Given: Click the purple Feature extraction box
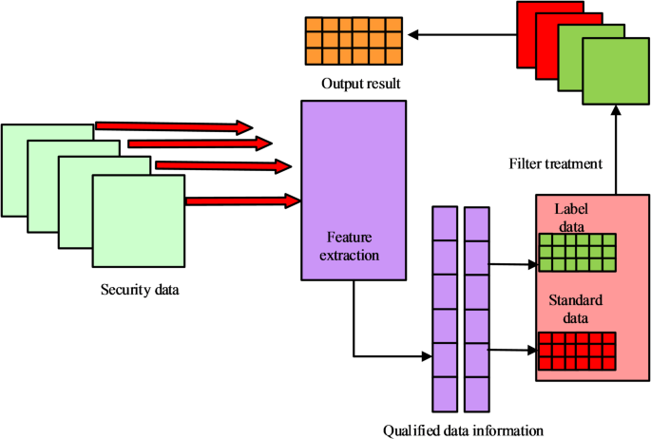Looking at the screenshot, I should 354,189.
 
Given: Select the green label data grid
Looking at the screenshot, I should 576,254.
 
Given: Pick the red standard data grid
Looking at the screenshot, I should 576,351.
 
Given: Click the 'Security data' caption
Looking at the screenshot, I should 141,289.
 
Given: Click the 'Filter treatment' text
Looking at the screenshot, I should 556,163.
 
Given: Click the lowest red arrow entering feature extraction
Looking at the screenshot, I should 242,200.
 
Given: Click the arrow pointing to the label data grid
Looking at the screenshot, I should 512,265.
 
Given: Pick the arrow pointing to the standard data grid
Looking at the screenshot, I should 512,350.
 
